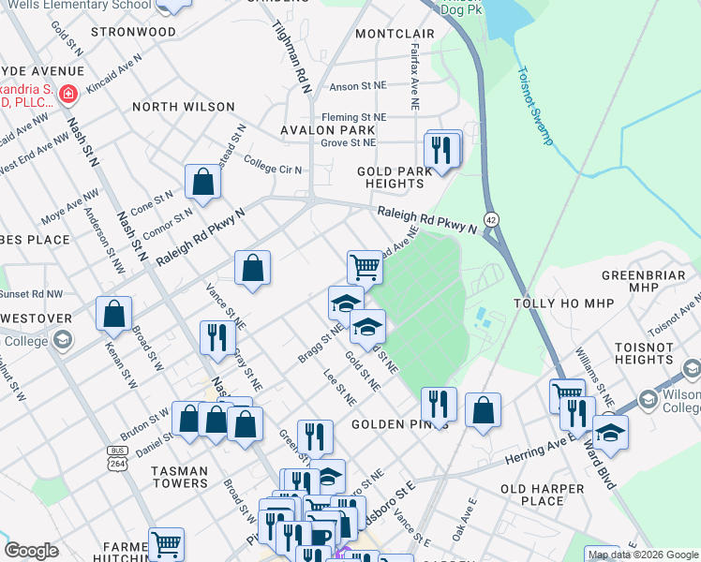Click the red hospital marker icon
67,94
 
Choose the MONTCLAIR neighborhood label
395,34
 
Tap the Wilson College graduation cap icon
647,401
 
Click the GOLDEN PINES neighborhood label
400,424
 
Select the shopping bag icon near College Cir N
202,183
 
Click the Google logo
32,551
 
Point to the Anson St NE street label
358,86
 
